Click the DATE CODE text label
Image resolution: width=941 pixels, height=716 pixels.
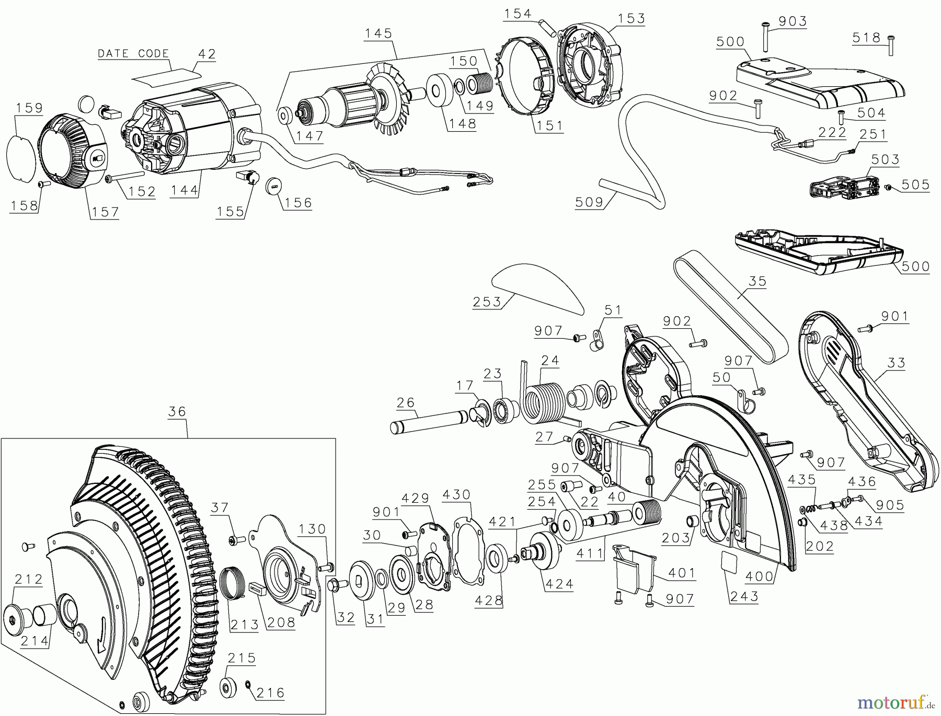[133, 53]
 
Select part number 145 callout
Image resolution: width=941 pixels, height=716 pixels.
[378, 33]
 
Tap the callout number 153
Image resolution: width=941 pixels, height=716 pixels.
[631, 18]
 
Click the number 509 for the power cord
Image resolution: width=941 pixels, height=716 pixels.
[589, 202]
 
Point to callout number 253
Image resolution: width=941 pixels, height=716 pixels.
[487, 302]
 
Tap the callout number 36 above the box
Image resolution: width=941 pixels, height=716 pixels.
[177, 411]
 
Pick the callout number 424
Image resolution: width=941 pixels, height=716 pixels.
[559, 583]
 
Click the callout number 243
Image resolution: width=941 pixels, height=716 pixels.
[744, 596]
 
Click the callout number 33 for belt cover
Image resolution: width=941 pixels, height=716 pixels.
[896, 362]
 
